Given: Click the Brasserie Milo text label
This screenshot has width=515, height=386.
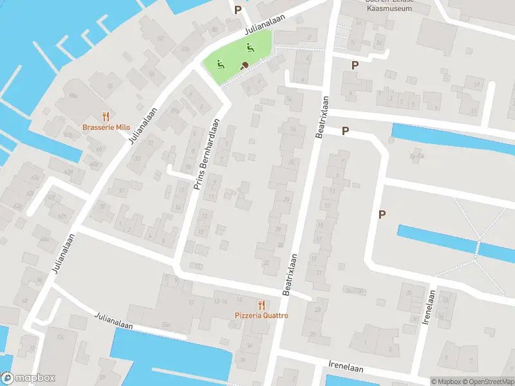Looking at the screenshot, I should [106, 127].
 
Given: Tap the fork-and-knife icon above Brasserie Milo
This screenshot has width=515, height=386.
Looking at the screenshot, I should [106, 116].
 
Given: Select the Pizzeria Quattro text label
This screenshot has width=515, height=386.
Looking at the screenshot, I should [261, 315].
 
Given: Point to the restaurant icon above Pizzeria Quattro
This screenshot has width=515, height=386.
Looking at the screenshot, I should [261, 304].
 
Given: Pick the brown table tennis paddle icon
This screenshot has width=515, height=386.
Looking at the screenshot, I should [245, 64].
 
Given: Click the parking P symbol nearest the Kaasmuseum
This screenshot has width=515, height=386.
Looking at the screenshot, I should [354, 65].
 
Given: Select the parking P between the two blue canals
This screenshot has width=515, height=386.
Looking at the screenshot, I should [382, 214].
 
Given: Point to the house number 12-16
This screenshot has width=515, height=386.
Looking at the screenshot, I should [221, 300].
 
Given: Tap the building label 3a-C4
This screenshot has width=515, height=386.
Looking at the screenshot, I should [417, 156].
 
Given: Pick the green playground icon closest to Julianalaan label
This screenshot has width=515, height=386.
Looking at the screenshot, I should [249, 47].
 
